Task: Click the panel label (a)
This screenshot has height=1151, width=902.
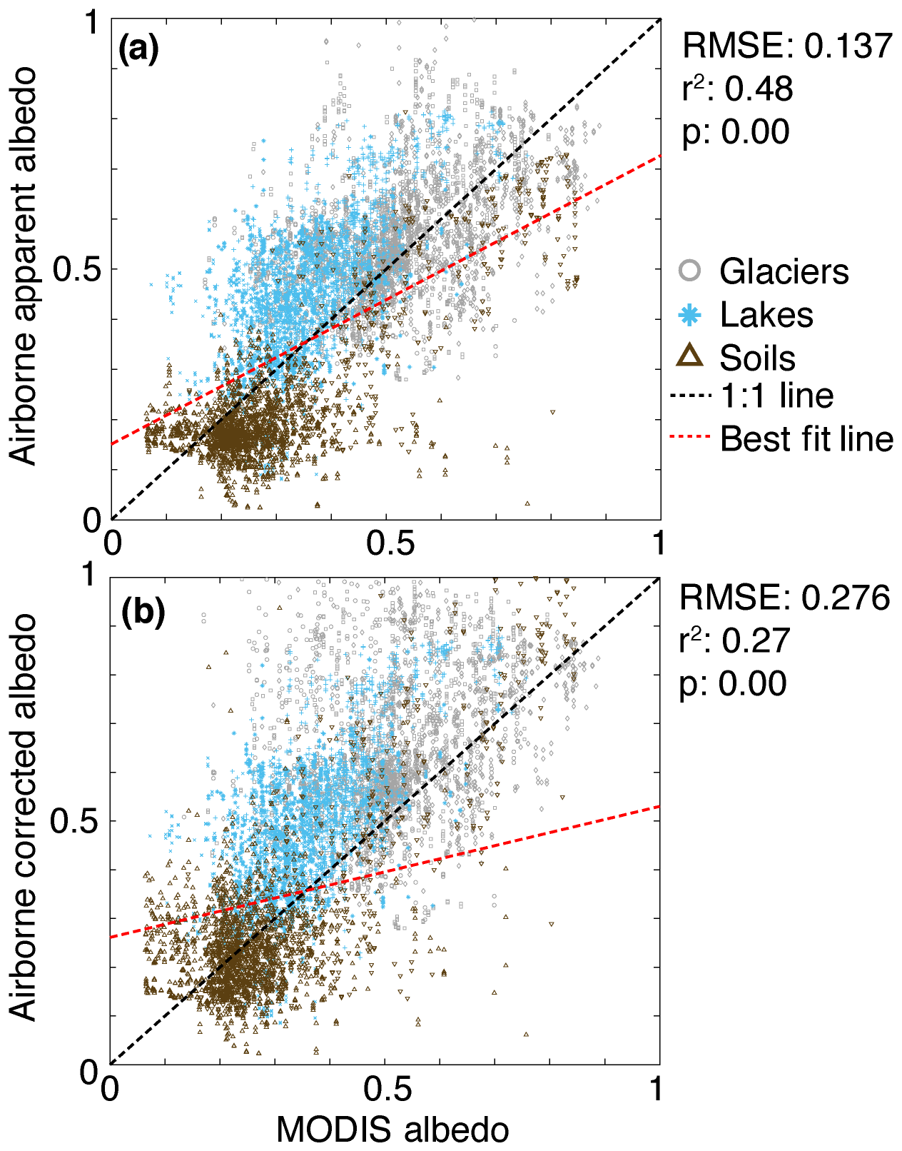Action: pos(138,49)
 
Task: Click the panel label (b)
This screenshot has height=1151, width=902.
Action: pos(143,612)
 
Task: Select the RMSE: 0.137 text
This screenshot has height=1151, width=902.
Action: pos(787,46)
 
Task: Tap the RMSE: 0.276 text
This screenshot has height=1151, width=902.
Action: pos(784,598)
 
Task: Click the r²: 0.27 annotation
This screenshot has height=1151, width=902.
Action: pos(734,640)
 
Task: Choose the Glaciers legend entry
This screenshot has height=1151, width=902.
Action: pos(784,271)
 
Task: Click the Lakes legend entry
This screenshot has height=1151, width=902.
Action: pos(766,315)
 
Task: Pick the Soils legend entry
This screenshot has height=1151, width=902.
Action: pos(757,358)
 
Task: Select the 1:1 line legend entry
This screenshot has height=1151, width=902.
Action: pos(776,396)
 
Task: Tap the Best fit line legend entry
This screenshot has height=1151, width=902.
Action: pos(806,438)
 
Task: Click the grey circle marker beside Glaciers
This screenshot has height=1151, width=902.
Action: pos(689,271)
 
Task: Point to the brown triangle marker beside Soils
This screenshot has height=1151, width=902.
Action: pos(689,356)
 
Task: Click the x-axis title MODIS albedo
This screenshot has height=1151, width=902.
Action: pos(392,1130)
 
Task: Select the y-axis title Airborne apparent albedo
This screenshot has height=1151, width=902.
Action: pos(24,266)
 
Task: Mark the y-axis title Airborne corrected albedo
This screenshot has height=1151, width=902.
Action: pos(24,818)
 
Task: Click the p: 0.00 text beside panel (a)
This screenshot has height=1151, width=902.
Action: pos(736,131)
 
